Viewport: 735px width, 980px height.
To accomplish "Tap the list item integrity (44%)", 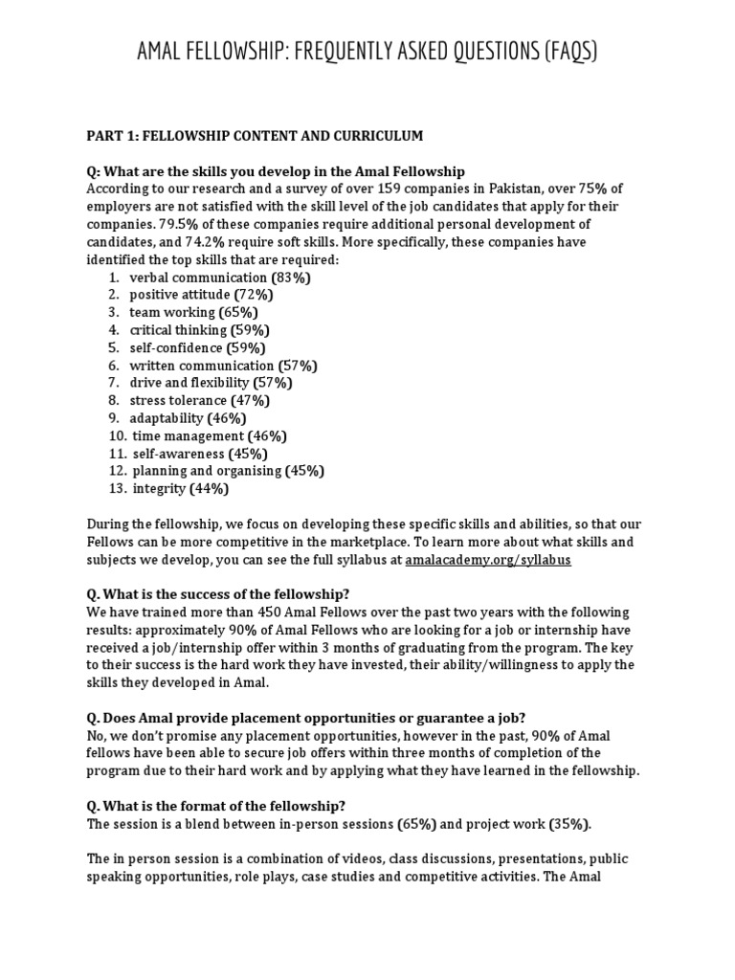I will (180, 488).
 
